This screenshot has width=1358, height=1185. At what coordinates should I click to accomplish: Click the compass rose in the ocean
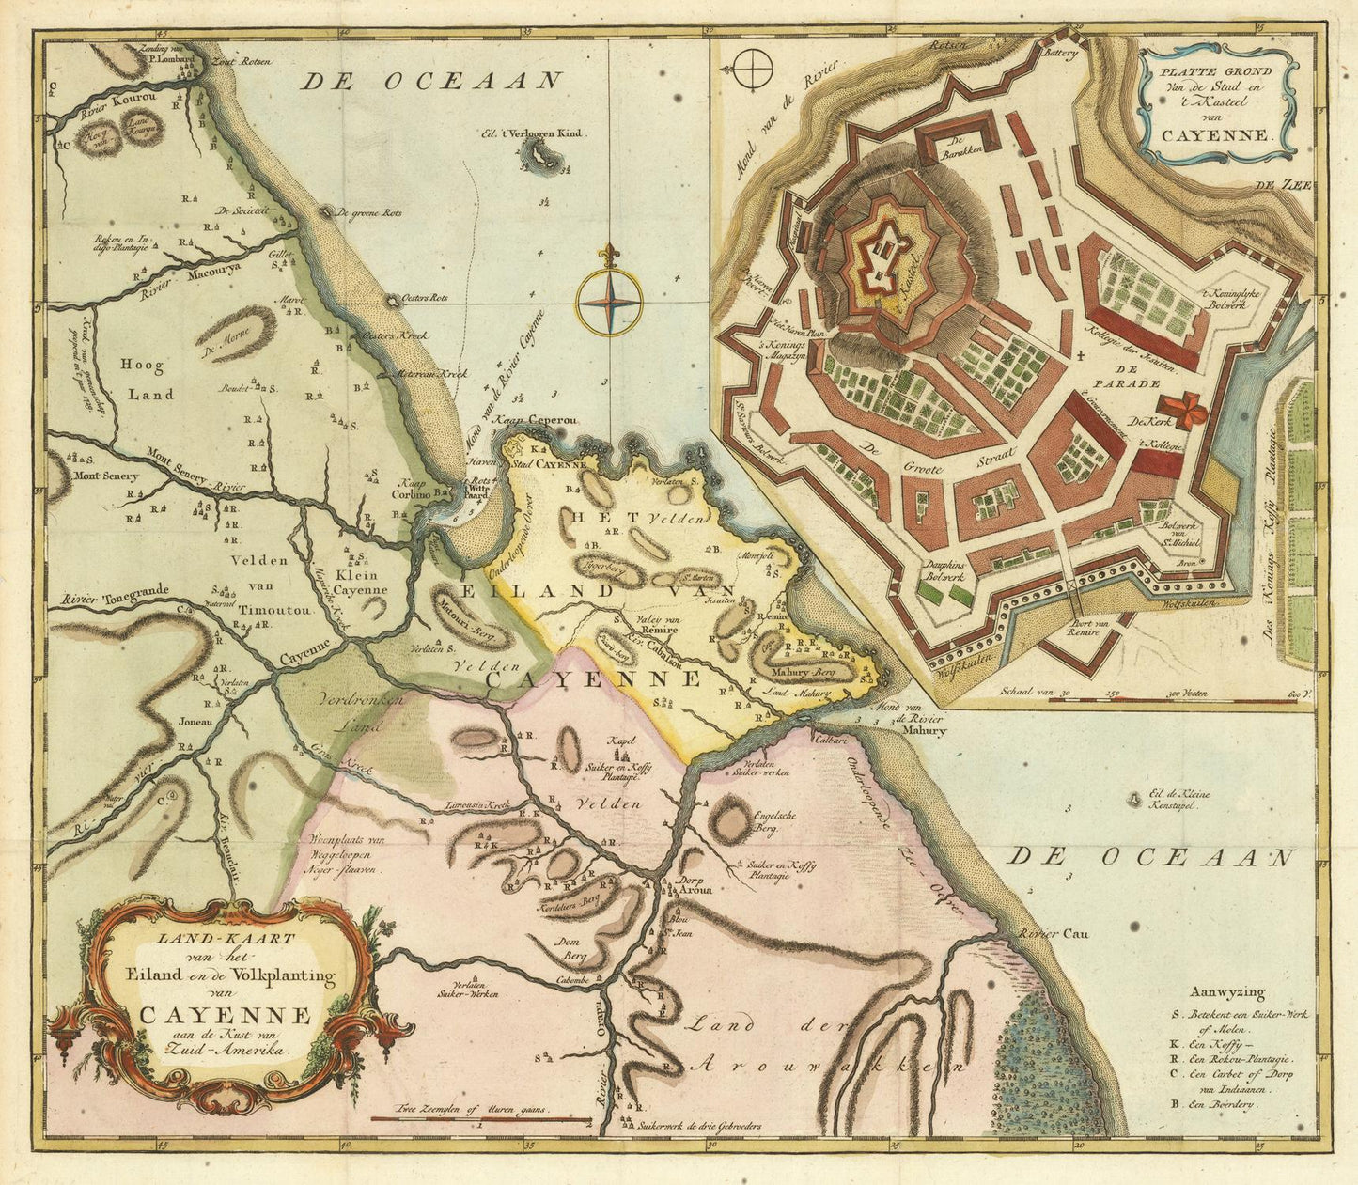click(609, 303)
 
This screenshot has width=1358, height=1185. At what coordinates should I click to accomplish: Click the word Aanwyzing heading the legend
click(1226, 992)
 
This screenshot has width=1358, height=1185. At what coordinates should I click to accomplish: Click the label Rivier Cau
click(1043, 935)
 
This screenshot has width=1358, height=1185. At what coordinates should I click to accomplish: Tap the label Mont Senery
click(106, 476)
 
